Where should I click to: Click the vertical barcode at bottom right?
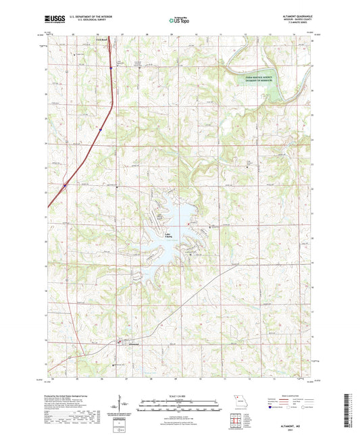point(352,411)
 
